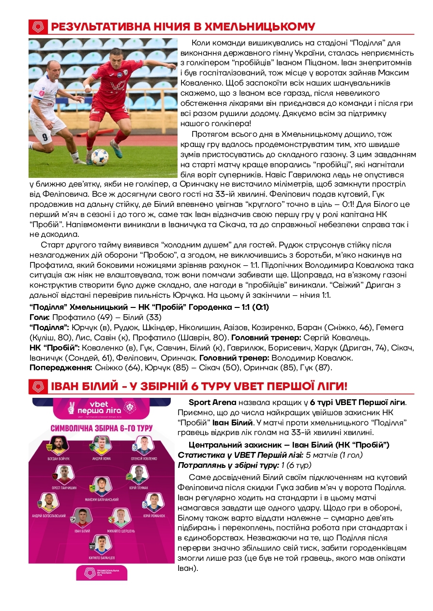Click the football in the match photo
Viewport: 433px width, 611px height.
(x=100, y=156)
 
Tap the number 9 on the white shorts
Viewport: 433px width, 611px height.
(x=45, y=137)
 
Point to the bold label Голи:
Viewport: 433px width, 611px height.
(x=40, y=318)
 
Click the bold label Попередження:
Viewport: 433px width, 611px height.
(x=60, y=368)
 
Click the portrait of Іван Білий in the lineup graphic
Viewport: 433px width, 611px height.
(x=82, y=518)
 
